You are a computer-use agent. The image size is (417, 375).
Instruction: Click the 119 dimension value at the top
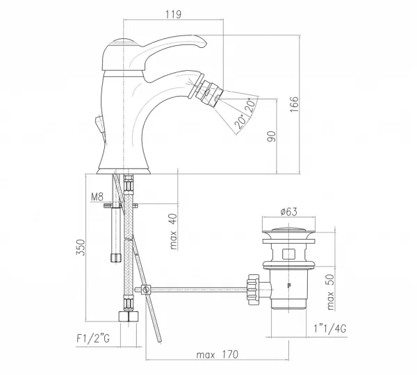tap(173, 14)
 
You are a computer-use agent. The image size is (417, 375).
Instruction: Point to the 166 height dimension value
tap(294, 104)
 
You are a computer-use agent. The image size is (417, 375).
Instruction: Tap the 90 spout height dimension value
tap(272, 136)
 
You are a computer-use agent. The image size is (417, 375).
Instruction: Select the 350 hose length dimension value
tap(81, 247)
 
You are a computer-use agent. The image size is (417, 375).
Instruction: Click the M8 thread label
tap(97, 197)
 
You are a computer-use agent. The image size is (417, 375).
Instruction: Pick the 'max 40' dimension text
tap(173, 231)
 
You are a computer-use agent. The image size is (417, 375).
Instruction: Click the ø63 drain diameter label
tap(289, 212)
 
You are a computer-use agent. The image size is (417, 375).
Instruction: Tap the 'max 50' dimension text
tap(329, 292)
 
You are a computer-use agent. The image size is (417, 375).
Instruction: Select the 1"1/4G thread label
tap(329, 328)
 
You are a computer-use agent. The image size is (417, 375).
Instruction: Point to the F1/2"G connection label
tap(93, 338)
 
